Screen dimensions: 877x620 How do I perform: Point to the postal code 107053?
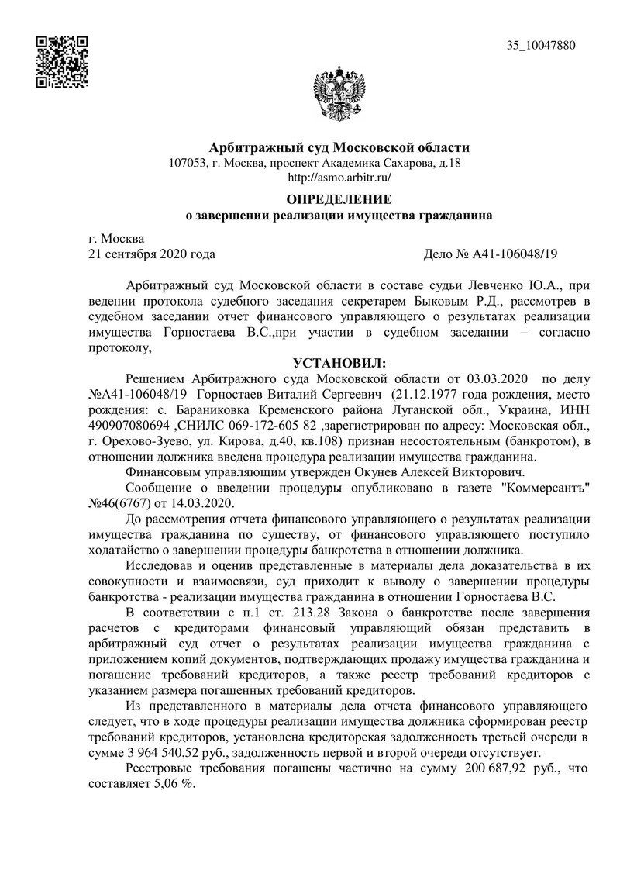pos(185,163)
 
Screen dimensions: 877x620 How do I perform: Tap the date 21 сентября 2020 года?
pos(153,254)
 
